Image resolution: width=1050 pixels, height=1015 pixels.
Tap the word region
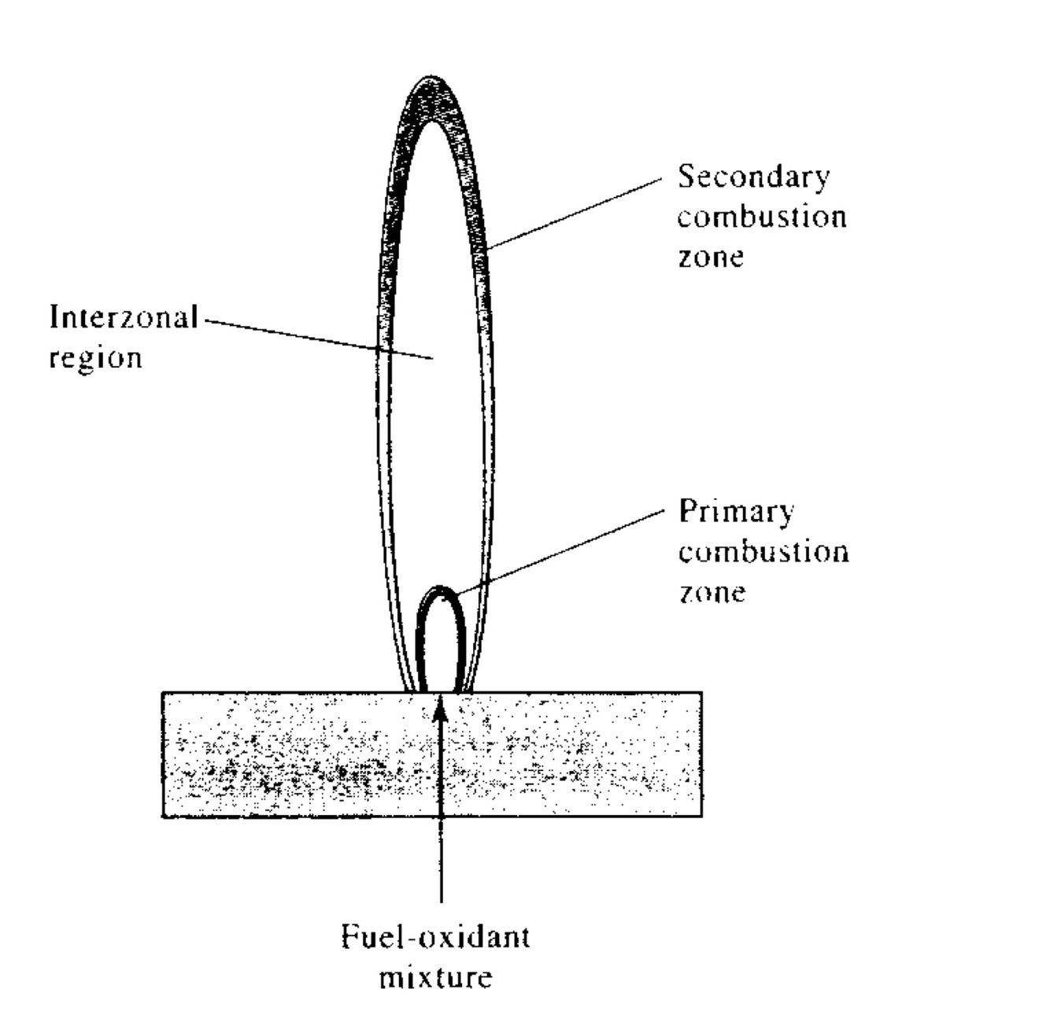click(x=95, y=358)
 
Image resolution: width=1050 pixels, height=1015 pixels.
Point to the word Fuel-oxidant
click(x=435, y=938)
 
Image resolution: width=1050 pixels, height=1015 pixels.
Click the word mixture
click(x=435, y=978)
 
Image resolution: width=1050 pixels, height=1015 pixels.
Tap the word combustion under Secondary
click(x=762, y=217)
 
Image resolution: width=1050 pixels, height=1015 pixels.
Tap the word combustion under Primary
click(x=763, y=552)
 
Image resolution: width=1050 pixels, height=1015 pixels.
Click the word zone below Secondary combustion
click(x=710, y=257)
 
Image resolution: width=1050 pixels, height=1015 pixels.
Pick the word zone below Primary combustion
click(x=712, y=591)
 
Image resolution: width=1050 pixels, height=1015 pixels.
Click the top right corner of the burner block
click(x=701, y=693)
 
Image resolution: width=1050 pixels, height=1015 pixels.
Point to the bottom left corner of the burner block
click(x=163, y=817)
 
